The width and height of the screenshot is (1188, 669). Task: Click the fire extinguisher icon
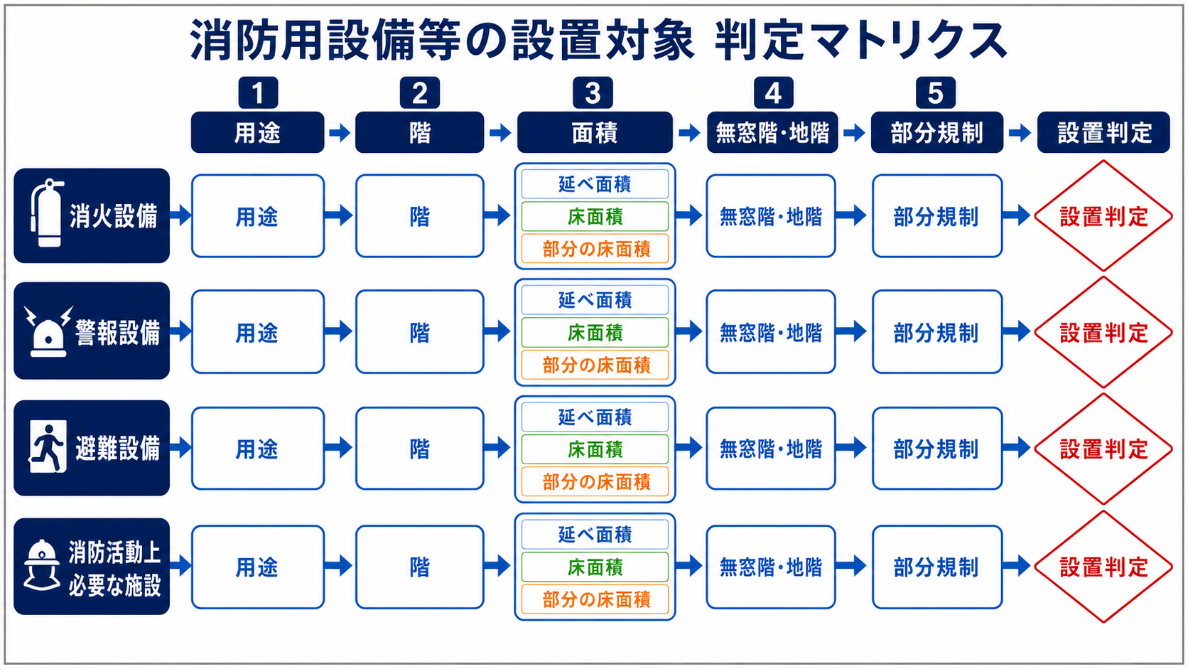pyautogui.click(x=47, y=213)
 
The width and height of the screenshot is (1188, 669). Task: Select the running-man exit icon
pyautogui.click(x=48, y=446)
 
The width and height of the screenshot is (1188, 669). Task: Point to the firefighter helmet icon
pyautogui.click(x=42, y=565)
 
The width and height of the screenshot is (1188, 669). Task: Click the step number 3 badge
pyautogui.click(x=593, y=93)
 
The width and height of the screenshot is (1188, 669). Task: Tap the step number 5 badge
pyautogui.click(x=936, y=93)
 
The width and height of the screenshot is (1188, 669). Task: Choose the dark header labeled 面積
pyautogui.click(x=595, y=132)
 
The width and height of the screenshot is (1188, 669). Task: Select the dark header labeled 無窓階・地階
pyautogui.click(x=772, y=132)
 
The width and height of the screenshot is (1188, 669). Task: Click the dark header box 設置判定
pyautogui.click(x=1103, y=132)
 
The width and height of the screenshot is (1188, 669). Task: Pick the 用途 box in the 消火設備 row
pyautogui.click(x=258, y=216)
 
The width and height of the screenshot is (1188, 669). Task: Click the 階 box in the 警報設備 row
pyautogui.click(x=419, y=331)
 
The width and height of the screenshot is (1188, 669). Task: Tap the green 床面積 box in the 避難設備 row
pyautogui.click(x=595, y=449)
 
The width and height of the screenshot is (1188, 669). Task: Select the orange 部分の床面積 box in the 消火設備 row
pyautogui.click(x=595, y=249)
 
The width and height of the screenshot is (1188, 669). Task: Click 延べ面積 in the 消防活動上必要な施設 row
pyautogui.click(x=595, y=534)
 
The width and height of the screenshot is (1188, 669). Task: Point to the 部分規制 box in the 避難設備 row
pyautogui.click(x=937, y=449)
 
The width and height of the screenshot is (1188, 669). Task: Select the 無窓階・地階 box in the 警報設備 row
pyautogui.click(x=771, y=331)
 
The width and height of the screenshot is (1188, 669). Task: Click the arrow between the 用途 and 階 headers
pyautogui.click(x=340, y=132)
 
